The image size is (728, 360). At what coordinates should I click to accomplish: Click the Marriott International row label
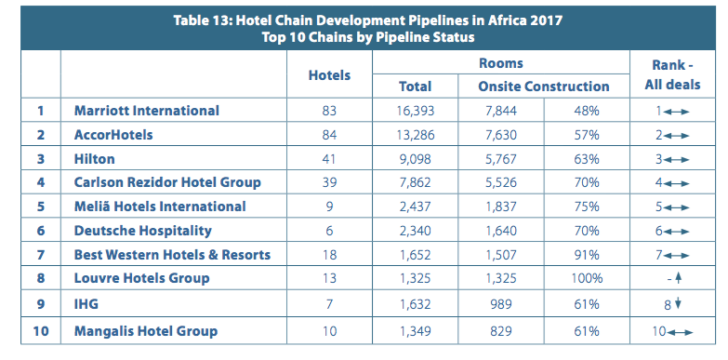point(147,111)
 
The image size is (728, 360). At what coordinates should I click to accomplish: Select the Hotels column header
point(329,75)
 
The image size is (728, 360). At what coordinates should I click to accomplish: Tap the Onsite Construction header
point(544,87)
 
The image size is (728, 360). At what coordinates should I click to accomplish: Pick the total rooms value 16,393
point(415,111)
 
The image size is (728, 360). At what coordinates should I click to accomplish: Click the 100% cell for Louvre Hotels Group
point(587,278)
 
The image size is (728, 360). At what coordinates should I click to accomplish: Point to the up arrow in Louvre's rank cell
point(678,279)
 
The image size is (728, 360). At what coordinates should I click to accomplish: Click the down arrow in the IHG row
point(678,304)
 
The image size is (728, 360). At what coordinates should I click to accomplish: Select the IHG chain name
point(86,304)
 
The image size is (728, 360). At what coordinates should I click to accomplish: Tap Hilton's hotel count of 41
point(329,159)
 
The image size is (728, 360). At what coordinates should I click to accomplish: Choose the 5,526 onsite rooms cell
point(500,182)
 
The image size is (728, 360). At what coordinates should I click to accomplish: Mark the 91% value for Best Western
point(587,255)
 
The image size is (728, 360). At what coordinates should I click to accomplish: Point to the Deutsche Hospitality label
point(143,231)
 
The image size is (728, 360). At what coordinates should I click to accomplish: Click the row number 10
point(41,331)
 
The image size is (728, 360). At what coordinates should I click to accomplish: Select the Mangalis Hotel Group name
point(146,331)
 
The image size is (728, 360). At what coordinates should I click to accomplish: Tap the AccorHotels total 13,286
point(415,135)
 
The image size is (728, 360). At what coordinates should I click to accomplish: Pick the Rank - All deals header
point(672,75)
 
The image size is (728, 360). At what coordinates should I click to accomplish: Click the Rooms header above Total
point(501,63)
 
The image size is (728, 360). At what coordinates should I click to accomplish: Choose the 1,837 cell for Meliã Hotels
point(500,207)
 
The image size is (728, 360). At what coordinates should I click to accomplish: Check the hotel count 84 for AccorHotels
point(329,135)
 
